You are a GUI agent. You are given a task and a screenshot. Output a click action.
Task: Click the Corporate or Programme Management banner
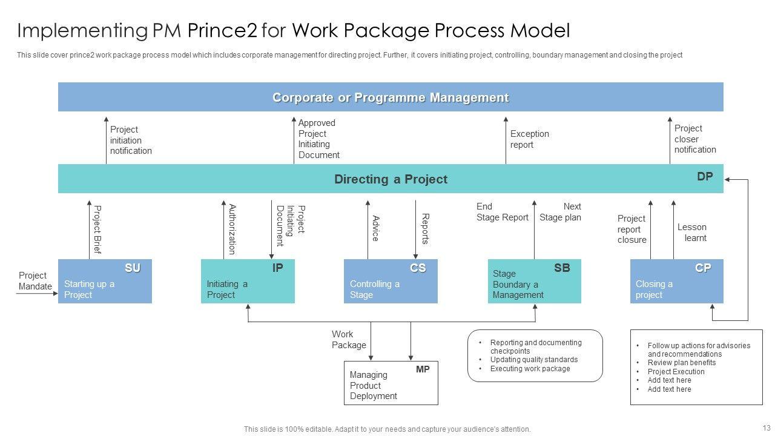391,97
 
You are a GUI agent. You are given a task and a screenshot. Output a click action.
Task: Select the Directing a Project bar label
391,179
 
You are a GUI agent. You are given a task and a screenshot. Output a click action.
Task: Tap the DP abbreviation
705,177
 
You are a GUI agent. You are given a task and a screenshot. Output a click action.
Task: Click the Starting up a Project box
105,282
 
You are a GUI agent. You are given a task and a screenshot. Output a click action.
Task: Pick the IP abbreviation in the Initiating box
277,268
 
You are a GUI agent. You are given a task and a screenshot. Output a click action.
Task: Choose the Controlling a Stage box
391,282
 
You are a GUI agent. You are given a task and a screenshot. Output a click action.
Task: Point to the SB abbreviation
562,268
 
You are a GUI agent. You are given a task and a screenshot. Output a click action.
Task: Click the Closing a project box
676,282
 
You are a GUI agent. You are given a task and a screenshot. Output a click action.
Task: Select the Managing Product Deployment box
391,383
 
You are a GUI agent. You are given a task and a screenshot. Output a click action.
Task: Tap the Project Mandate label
35,281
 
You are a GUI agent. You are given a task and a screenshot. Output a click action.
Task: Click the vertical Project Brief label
97,230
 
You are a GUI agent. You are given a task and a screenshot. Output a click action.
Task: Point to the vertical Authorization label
232,230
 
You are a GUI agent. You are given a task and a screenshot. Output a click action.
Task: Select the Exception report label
530,139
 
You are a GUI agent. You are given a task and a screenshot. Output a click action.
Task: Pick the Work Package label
349,340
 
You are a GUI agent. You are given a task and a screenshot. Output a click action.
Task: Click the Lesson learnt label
692,233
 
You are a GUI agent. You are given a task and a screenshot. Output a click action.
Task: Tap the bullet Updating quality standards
534,360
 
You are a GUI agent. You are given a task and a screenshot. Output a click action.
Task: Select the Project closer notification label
695,139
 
